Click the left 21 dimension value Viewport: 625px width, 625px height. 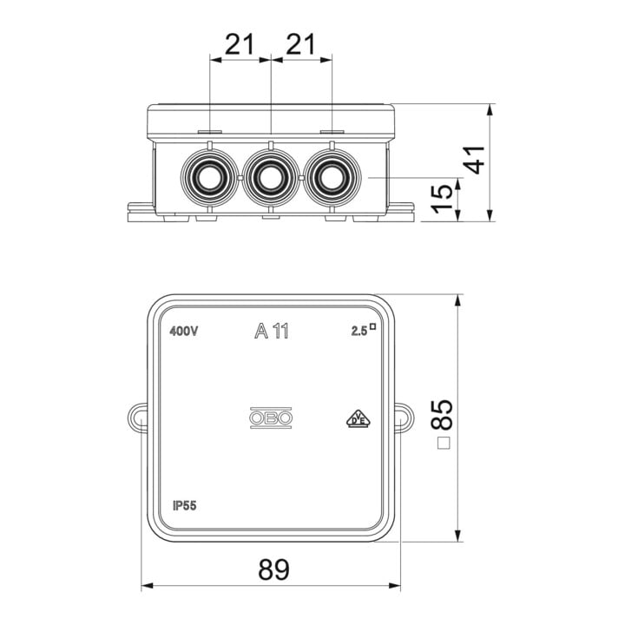(x=240, y=44)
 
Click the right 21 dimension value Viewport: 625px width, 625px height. (x=301, y=44)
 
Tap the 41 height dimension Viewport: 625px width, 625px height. (x=476, y=160)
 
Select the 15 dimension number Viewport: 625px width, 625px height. (x=444, y=198)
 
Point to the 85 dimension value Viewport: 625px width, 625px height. (x=442, y=415)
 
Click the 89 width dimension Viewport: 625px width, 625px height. (x=273, y=569)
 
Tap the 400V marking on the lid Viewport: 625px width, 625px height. (x=183, y=332)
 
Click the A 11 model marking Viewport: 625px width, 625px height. (x=272, y=331)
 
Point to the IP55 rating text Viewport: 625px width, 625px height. (x=185, y=506)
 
